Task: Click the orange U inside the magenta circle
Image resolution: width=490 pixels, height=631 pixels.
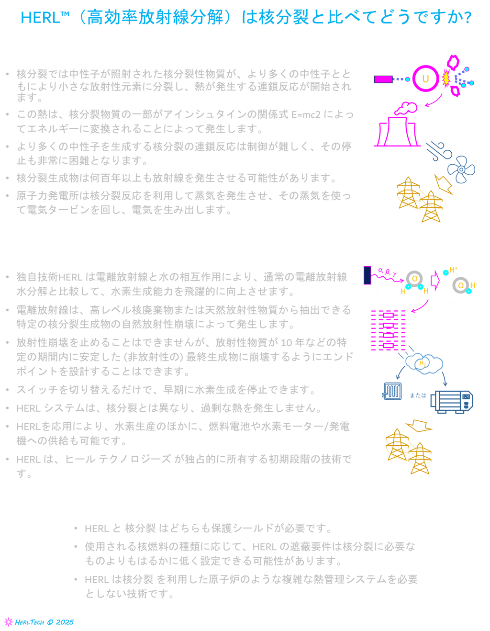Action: click(425, 79)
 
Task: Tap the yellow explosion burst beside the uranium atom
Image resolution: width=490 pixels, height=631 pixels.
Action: click(446, 79)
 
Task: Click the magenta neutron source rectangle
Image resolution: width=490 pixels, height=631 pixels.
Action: click(383, 79)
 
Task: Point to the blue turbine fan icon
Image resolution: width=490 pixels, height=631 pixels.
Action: click(461, 170)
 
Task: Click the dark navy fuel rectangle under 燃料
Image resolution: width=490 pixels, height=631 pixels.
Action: click(367, 276)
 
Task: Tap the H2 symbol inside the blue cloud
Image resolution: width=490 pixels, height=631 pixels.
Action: click(423, 364)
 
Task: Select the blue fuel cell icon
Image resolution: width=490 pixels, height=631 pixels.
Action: click(392, 392)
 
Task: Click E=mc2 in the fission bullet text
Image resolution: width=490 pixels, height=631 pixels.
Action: click(306, 114)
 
